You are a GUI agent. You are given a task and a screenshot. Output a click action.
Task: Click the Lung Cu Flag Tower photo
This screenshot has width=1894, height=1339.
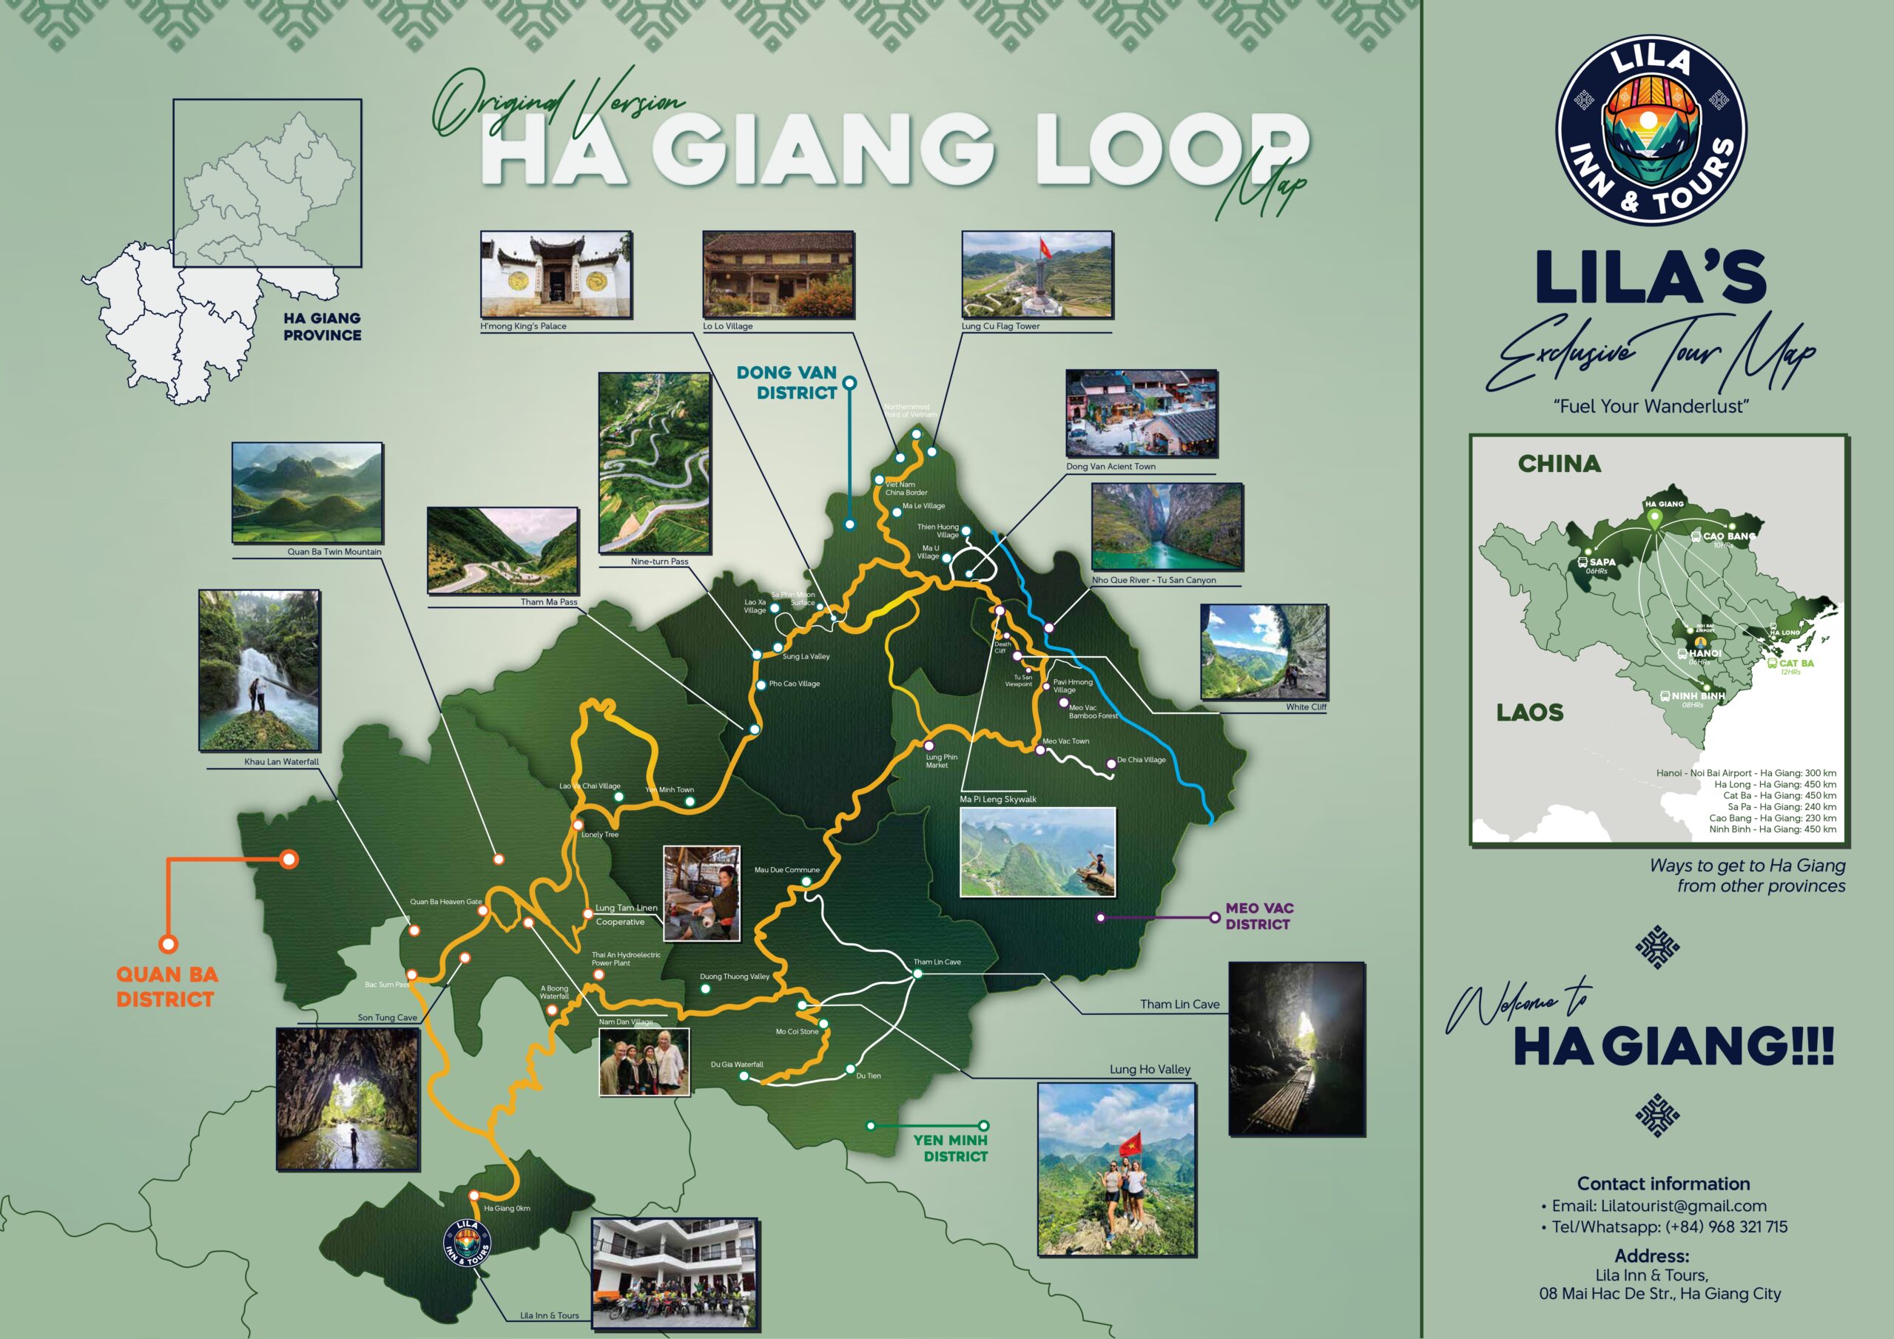(1037, 274)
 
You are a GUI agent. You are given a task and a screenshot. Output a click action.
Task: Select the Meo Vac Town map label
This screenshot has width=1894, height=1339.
(1066, 741)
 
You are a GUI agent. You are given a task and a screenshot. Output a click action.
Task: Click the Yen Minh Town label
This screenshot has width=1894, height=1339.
(669, 789)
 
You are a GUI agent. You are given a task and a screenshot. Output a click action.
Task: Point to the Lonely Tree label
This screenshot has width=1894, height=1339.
(600, 834)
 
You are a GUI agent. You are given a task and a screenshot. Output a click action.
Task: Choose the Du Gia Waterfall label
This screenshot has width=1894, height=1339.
(737, 1065)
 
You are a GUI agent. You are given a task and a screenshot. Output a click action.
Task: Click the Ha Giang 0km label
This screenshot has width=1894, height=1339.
(507, 1208)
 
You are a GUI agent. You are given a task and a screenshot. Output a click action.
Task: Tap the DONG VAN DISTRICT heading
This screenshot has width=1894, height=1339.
(788, 382)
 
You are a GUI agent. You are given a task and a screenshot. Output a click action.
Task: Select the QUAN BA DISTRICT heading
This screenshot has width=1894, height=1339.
(166, 987)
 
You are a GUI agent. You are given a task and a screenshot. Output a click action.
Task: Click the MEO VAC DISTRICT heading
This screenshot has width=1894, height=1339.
(1258, 916)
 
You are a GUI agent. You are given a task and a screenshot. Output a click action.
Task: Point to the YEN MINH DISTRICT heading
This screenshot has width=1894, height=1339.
(950, 1147)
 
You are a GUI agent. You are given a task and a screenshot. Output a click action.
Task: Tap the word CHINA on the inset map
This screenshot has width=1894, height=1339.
(1559, 464)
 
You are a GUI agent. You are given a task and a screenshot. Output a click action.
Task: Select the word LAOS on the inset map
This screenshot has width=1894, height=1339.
(1529, 712)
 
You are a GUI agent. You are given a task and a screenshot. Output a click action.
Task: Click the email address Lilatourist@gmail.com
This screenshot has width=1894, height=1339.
(1659, 1205)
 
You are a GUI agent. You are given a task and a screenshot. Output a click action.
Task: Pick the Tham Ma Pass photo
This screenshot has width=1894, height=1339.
(502, 550)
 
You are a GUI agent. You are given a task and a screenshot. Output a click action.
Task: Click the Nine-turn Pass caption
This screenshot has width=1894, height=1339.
(659, 561)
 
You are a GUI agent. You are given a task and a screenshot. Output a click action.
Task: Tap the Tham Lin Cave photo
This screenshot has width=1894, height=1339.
(1296, 1048)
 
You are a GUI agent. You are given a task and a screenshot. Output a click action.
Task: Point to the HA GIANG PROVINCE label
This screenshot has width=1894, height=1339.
(322, 327)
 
